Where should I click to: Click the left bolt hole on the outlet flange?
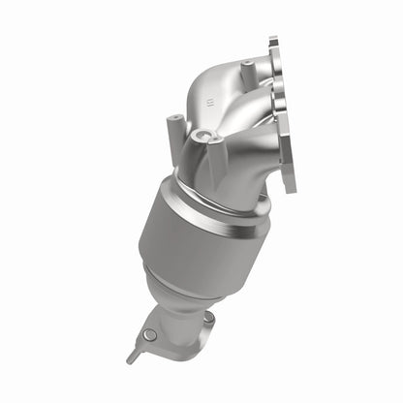coord(149,335)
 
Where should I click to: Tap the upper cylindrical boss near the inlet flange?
coord(247,69)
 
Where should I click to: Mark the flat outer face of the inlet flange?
coord(284,116)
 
